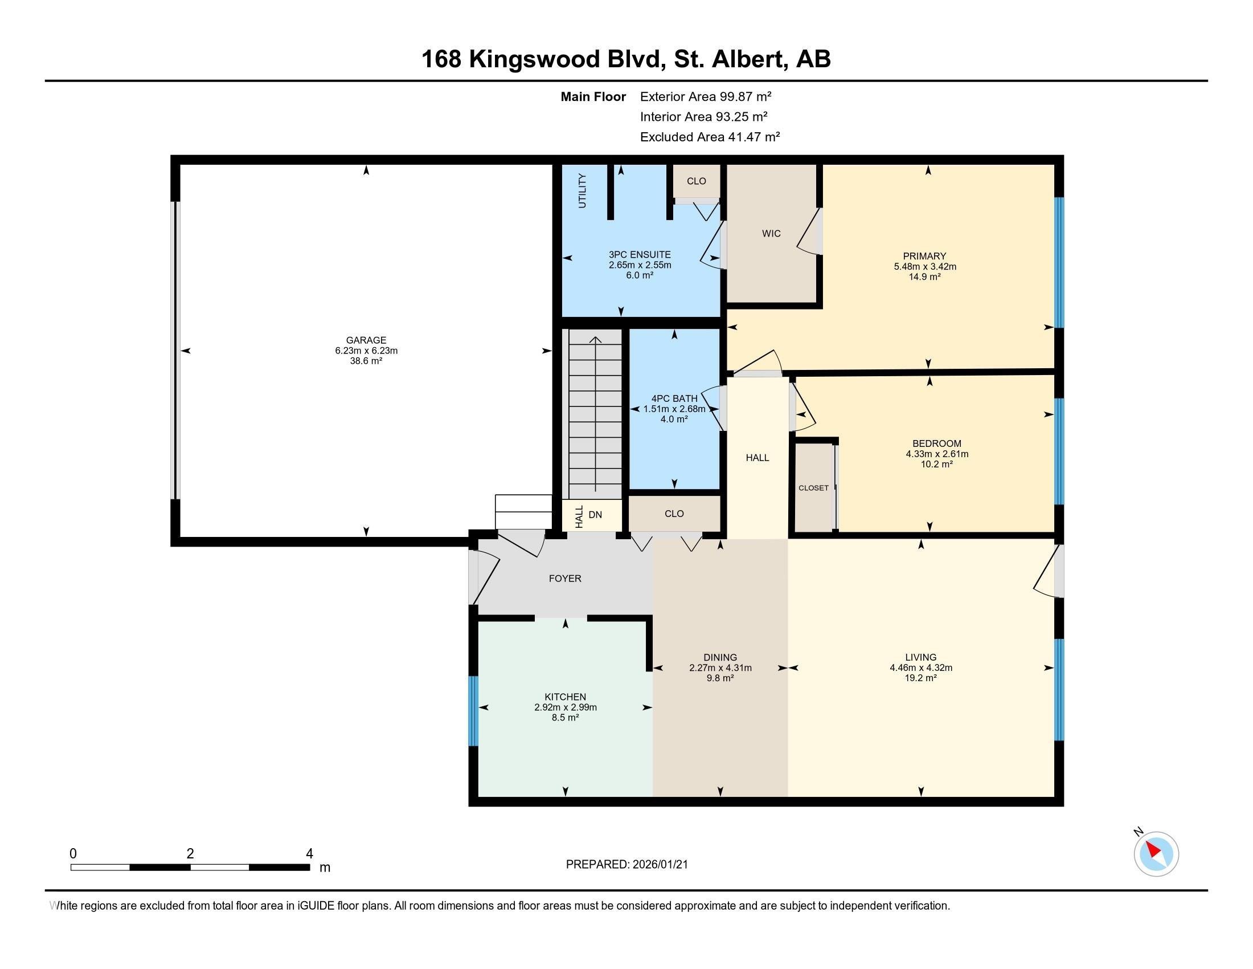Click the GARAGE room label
pyautogui.click(x=366, y=340)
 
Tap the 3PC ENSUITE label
pyautogui.click(x=640, y=254)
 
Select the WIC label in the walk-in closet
pyautogui.click(x=771, y=234)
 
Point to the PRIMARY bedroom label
pyautogui.click(x=924, y=256)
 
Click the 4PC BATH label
pyautogui.click(x=674, y=398)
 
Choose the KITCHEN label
pyautogui.click(x=565, y=697)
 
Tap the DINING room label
pyautogui.click(x=720, y=657)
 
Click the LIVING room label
pyautogui.click(x=921, y=657)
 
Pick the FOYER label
pyautogui.click(x=565, y=579)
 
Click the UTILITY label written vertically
pyautogui.click(x=582, y=190)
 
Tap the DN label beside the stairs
pyautogui.click(x=595, y=515)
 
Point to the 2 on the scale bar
pyautogui.click(x=190, y=854)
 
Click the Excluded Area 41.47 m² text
pyautogui.click(x=710, y=137)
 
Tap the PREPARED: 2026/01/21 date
pyautogui.click(x=626, y=865)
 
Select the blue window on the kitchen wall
pyautogui.click(x=473, y=711)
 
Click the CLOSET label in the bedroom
pyautogui.click(x=813, y=488)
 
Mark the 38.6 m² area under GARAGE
pyautogui.click(x=366, y=361)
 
